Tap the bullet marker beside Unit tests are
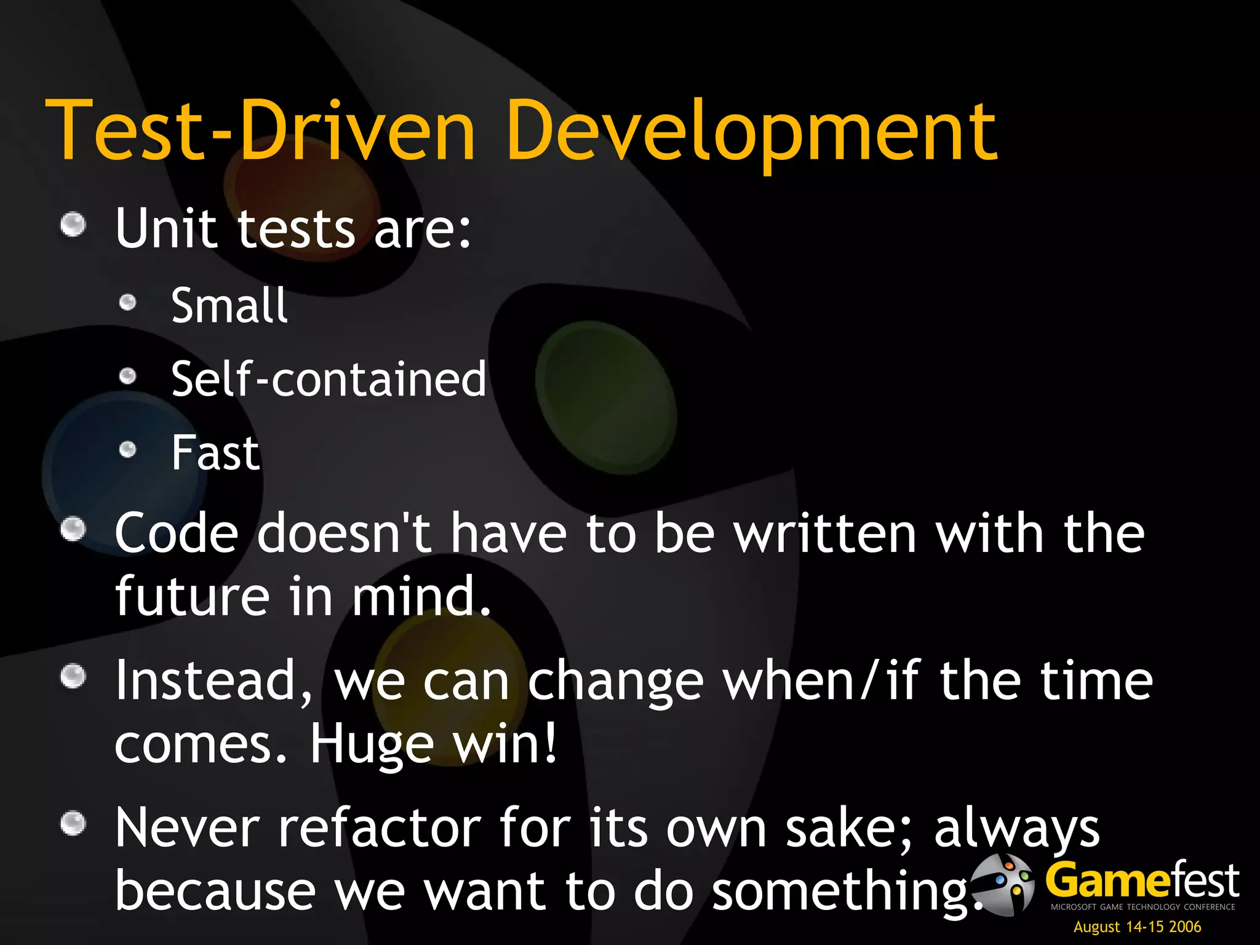point(73,225)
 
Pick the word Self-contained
point(329,379)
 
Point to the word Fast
point(215,453)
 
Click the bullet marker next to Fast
point(127,450)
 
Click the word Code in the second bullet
point(177,533)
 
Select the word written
point(826,533)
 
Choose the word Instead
point(213,680)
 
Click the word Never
point(187,828)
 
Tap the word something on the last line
point(840,892)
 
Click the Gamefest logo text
point(1142,881)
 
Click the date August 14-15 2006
point(1137,927)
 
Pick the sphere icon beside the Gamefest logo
point(1005,884)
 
